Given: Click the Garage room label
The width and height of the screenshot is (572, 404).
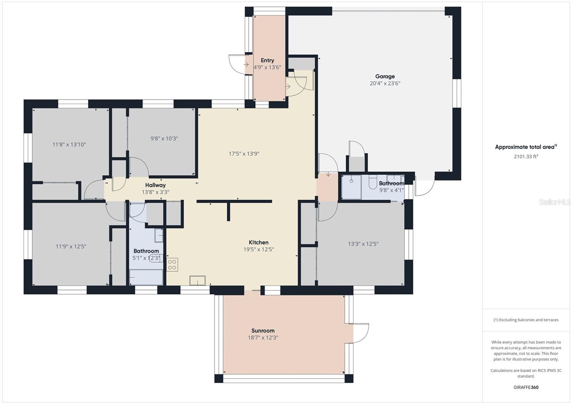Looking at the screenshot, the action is [385, 76].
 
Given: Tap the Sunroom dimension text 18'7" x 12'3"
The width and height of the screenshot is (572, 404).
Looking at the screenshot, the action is [263, 338].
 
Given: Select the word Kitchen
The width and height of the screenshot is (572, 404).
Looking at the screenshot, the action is [258, 243].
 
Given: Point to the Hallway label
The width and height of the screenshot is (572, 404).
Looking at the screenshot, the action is [155, 185].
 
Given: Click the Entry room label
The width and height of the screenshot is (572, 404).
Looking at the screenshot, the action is [267, 60].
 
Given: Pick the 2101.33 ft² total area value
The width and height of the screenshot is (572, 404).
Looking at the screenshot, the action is [526, 156].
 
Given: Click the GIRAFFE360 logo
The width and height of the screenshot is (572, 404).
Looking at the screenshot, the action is [526, 387].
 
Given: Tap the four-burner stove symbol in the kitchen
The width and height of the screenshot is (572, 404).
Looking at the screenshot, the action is [172, 265].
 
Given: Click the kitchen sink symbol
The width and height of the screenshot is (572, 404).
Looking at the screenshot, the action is [197, 280].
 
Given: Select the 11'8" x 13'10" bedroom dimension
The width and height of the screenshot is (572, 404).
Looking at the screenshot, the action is [69, 145].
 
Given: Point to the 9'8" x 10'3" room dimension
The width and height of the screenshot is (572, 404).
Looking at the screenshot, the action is [164, 139].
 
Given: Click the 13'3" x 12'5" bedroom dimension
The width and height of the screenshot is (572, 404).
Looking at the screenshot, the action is [363, 244].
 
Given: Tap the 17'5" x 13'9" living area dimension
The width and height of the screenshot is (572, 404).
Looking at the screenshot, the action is [244, 154].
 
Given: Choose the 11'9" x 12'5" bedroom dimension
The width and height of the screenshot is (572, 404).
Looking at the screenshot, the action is [71, 246].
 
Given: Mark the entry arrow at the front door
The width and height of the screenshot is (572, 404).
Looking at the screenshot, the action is [246, 65].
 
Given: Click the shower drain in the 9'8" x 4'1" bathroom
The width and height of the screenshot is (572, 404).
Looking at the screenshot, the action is [351, 181].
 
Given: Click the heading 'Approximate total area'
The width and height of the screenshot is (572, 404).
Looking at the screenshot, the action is [524, 147].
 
